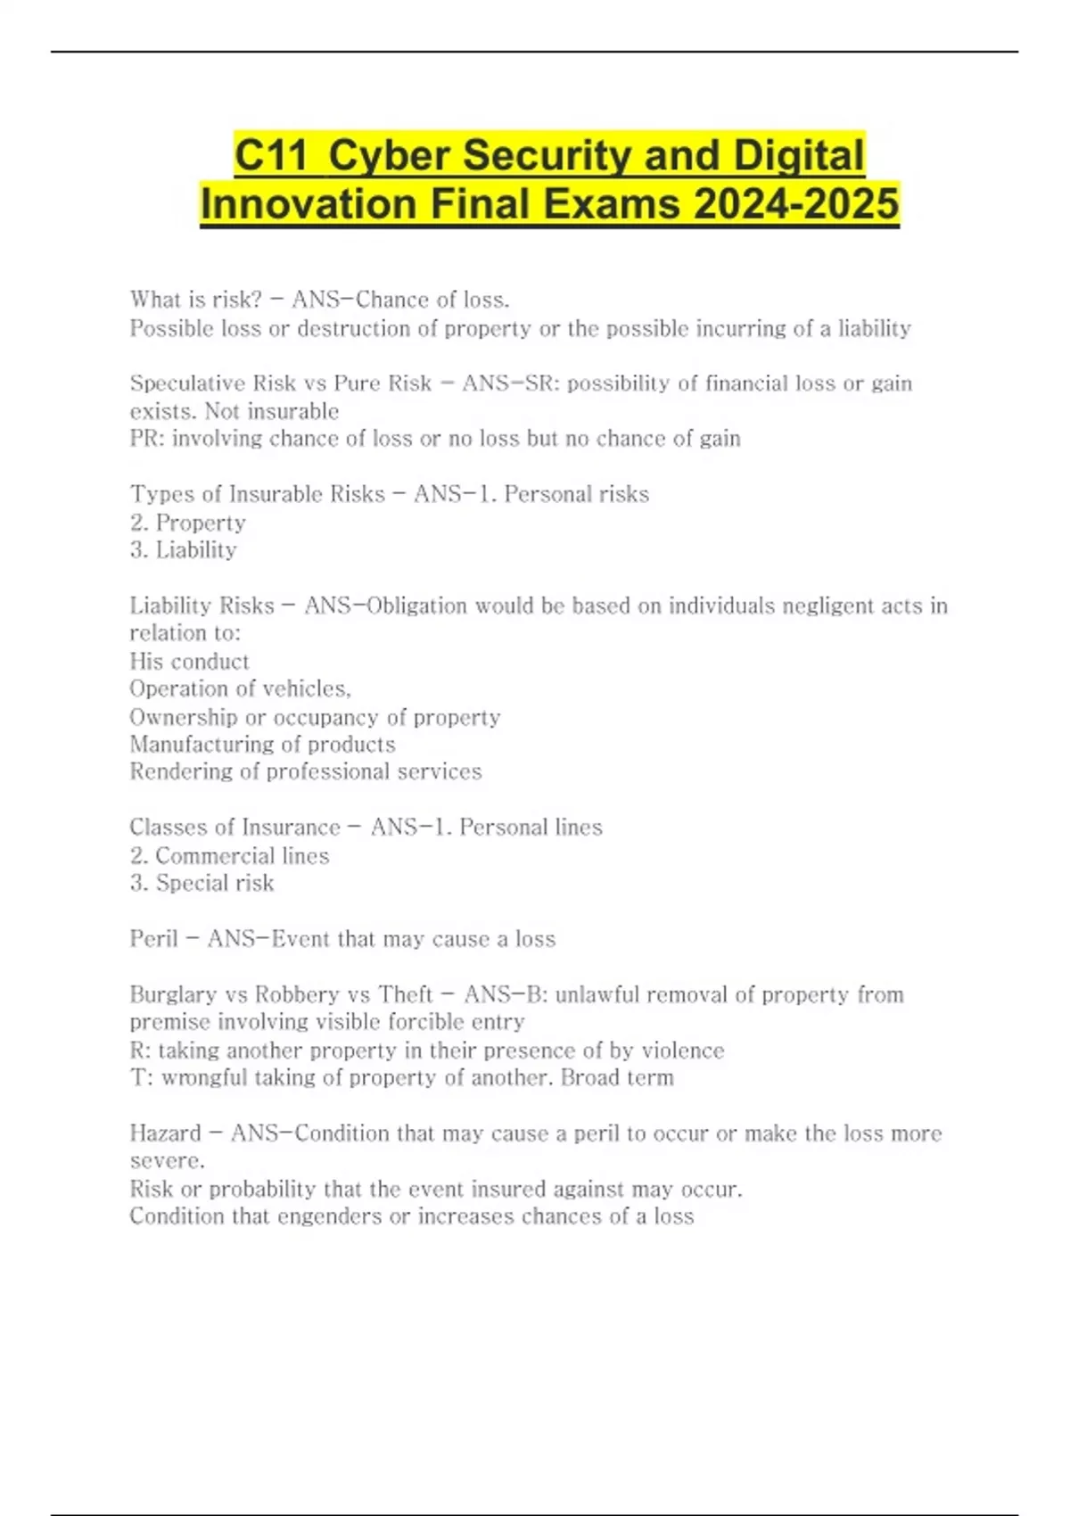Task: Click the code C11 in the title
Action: pos(271,156)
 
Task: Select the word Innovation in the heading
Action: pos(308,204)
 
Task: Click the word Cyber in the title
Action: pos(388,156)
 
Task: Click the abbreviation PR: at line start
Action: pos(147,439)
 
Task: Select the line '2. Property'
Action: pos(187,523)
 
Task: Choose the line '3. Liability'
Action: pos(183,550)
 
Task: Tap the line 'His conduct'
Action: pos(189,662)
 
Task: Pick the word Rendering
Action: pos(181,771)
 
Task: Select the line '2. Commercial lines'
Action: pos(229,856)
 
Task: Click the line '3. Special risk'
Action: pos(202,883)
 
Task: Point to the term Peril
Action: pos(153,939)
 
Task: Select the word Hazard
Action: pos(165,1133)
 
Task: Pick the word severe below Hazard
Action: pos(166,1161)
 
